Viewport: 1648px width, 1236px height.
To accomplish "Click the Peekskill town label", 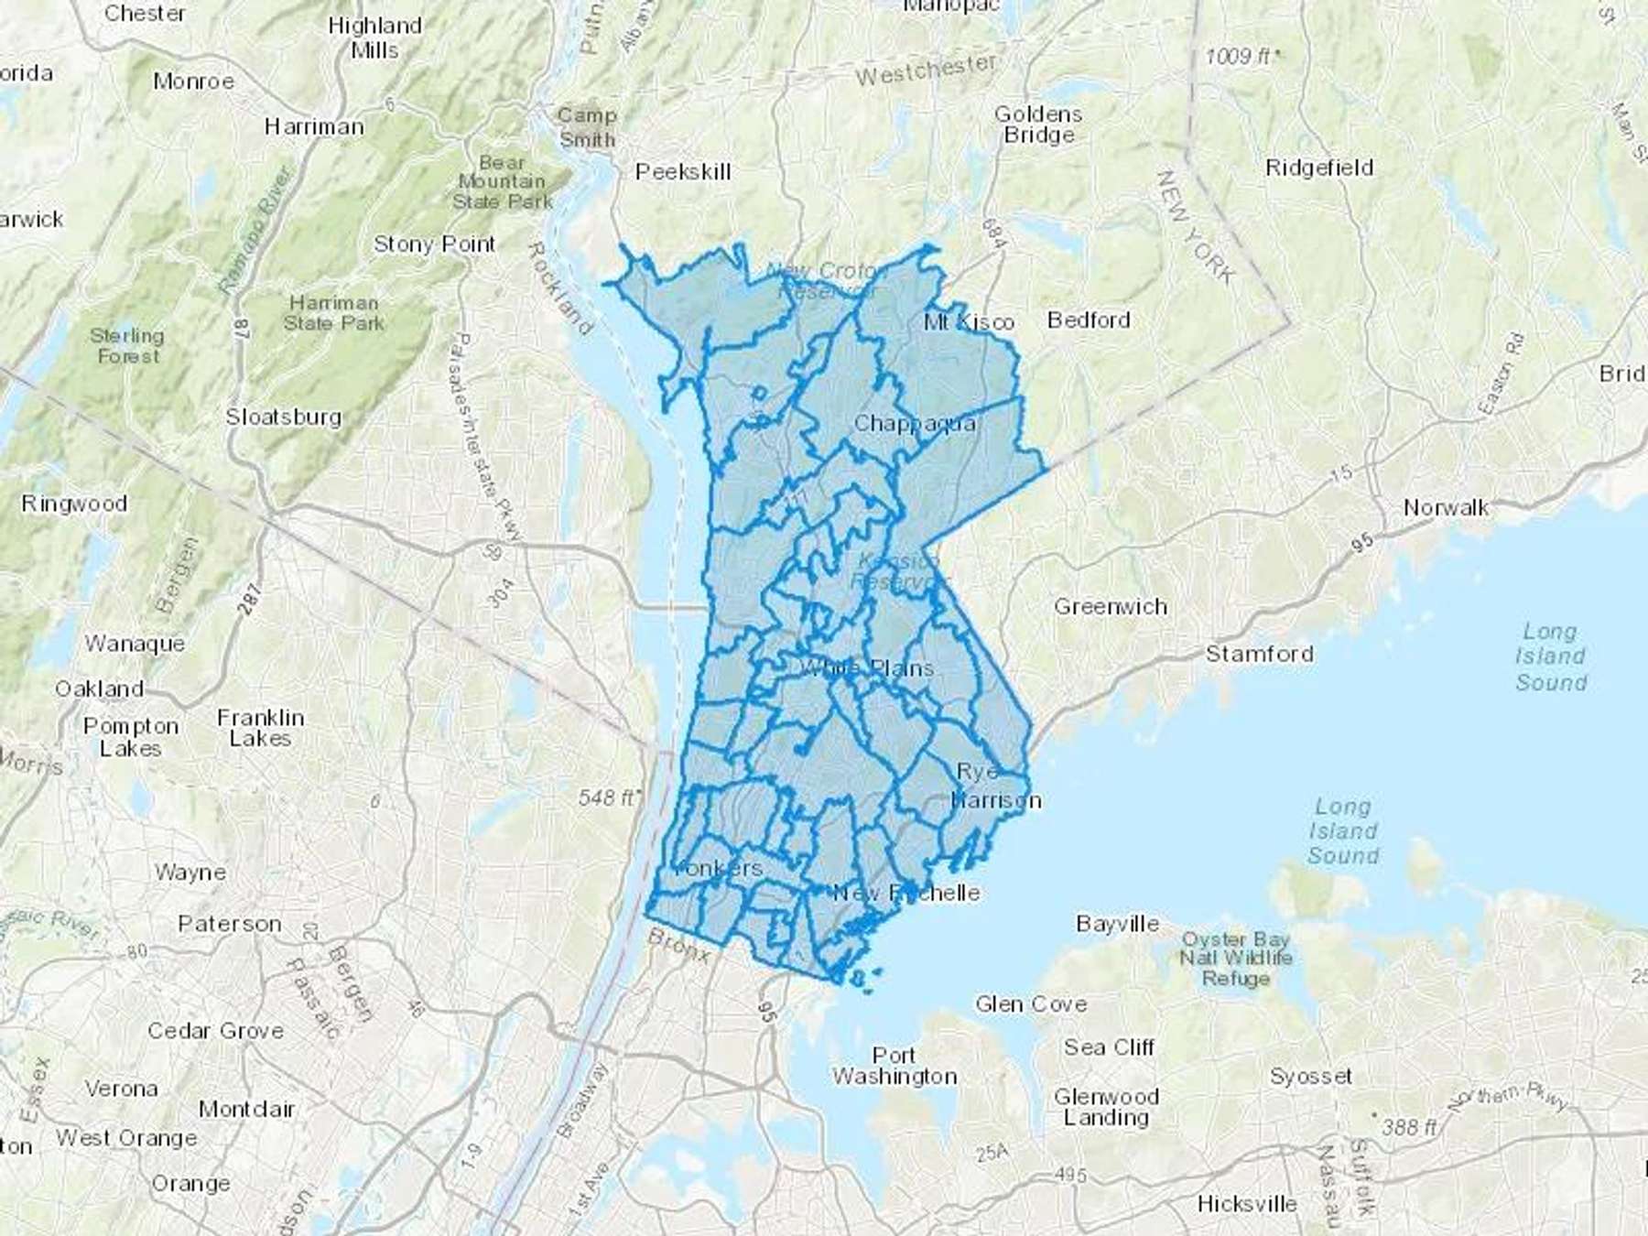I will pyautogui.click(x=683, y=171).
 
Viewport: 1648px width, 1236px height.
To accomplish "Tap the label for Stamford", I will pyautogui.click(x=1259, y=654).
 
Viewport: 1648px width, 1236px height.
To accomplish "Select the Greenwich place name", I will pyautogui.click(x=1111, y=606).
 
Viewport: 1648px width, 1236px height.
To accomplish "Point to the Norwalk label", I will pyautogui.click(x=1446, y=507).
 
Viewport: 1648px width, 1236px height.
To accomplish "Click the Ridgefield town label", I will pyautogui.click(x=1318, y=168).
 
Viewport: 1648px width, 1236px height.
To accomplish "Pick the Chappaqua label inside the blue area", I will pyautogui.click(x=914, y=424).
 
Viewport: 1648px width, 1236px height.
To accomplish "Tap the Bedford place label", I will pyautogui.click(x=1089, y=320).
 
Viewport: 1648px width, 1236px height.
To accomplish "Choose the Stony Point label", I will pyautogui.click(x=434, y=244).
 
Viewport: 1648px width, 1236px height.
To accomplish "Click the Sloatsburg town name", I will pyautogui.click(x=284, y=417).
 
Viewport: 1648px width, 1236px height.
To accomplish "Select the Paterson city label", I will pyautogui.click(x=229, y=924).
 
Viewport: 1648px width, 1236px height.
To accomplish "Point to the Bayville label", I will pyautogui.click(x=1117, y=924).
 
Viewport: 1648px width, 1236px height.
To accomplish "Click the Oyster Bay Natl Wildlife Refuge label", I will pyautogui.click(x=1235, y=959).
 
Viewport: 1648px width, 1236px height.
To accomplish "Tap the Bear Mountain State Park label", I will pyautogui.click(x=503, y=182).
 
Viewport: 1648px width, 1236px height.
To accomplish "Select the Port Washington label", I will pyautogui.click(x=894, y=1066).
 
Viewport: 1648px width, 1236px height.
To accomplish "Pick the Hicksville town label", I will pyautogui.click(x=1246, y=1203).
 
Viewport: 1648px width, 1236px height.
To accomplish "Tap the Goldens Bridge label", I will pyautogui.click(x=1038, y=125).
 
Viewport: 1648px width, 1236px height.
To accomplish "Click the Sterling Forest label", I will pyautogui.click(x=127, y=345).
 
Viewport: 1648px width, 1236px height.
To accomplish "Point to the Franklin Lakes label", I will pyautogui.click(x=261, y=728).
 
